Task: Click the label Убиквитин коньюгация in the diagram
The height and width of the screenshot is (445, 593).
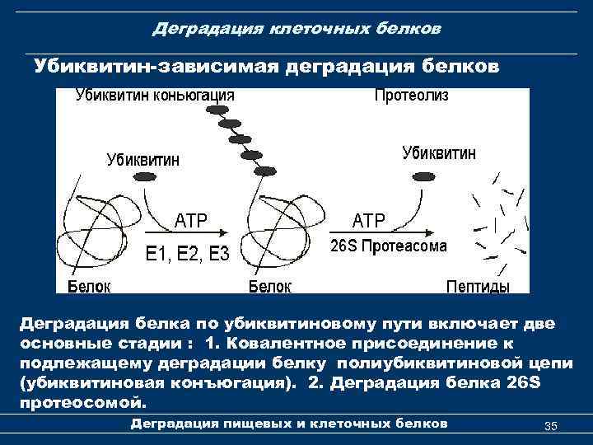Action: coord(155,95)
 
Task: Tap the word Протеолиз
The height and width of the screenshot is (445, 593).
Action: coord(411,95)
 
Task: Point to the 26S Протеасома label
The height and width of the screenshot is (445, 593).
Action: coord(389,246)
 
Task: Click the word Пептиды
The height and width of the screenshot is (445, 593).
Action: coord(478,286)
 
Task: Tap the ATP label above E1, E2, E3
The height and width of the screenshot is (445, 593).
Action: coord(191,220)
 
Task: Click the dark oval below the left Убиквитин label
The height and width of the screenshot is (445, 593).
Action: coord(145,177)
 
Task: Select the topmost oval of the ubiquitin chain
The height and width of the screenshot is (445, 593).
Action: coord(219,109)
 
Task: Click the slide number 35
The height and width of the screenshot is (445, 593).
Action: coord(551,425)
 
